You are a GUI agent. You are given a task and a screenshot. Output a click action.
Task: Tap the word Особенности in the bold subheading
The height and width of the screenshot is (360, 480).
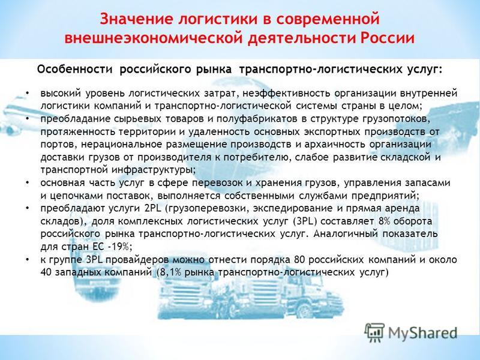(x=75, y=70)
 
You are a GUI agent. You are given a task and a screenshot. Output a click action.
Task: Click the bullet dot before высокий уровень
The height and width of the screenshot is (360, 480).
(x=27, y=92)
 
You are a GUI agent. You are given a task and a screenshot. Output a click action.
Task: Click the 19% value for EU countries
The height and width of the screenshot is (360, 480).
(x=117, y=247)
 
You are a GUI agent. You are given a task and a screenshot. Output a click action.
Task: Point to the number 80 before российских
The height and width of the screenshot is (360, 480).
(x=299, y=260)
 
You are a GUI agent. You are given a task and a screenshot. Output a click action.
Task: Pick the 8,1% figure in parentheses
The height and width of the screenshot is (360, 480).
(x=169, y=272)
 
